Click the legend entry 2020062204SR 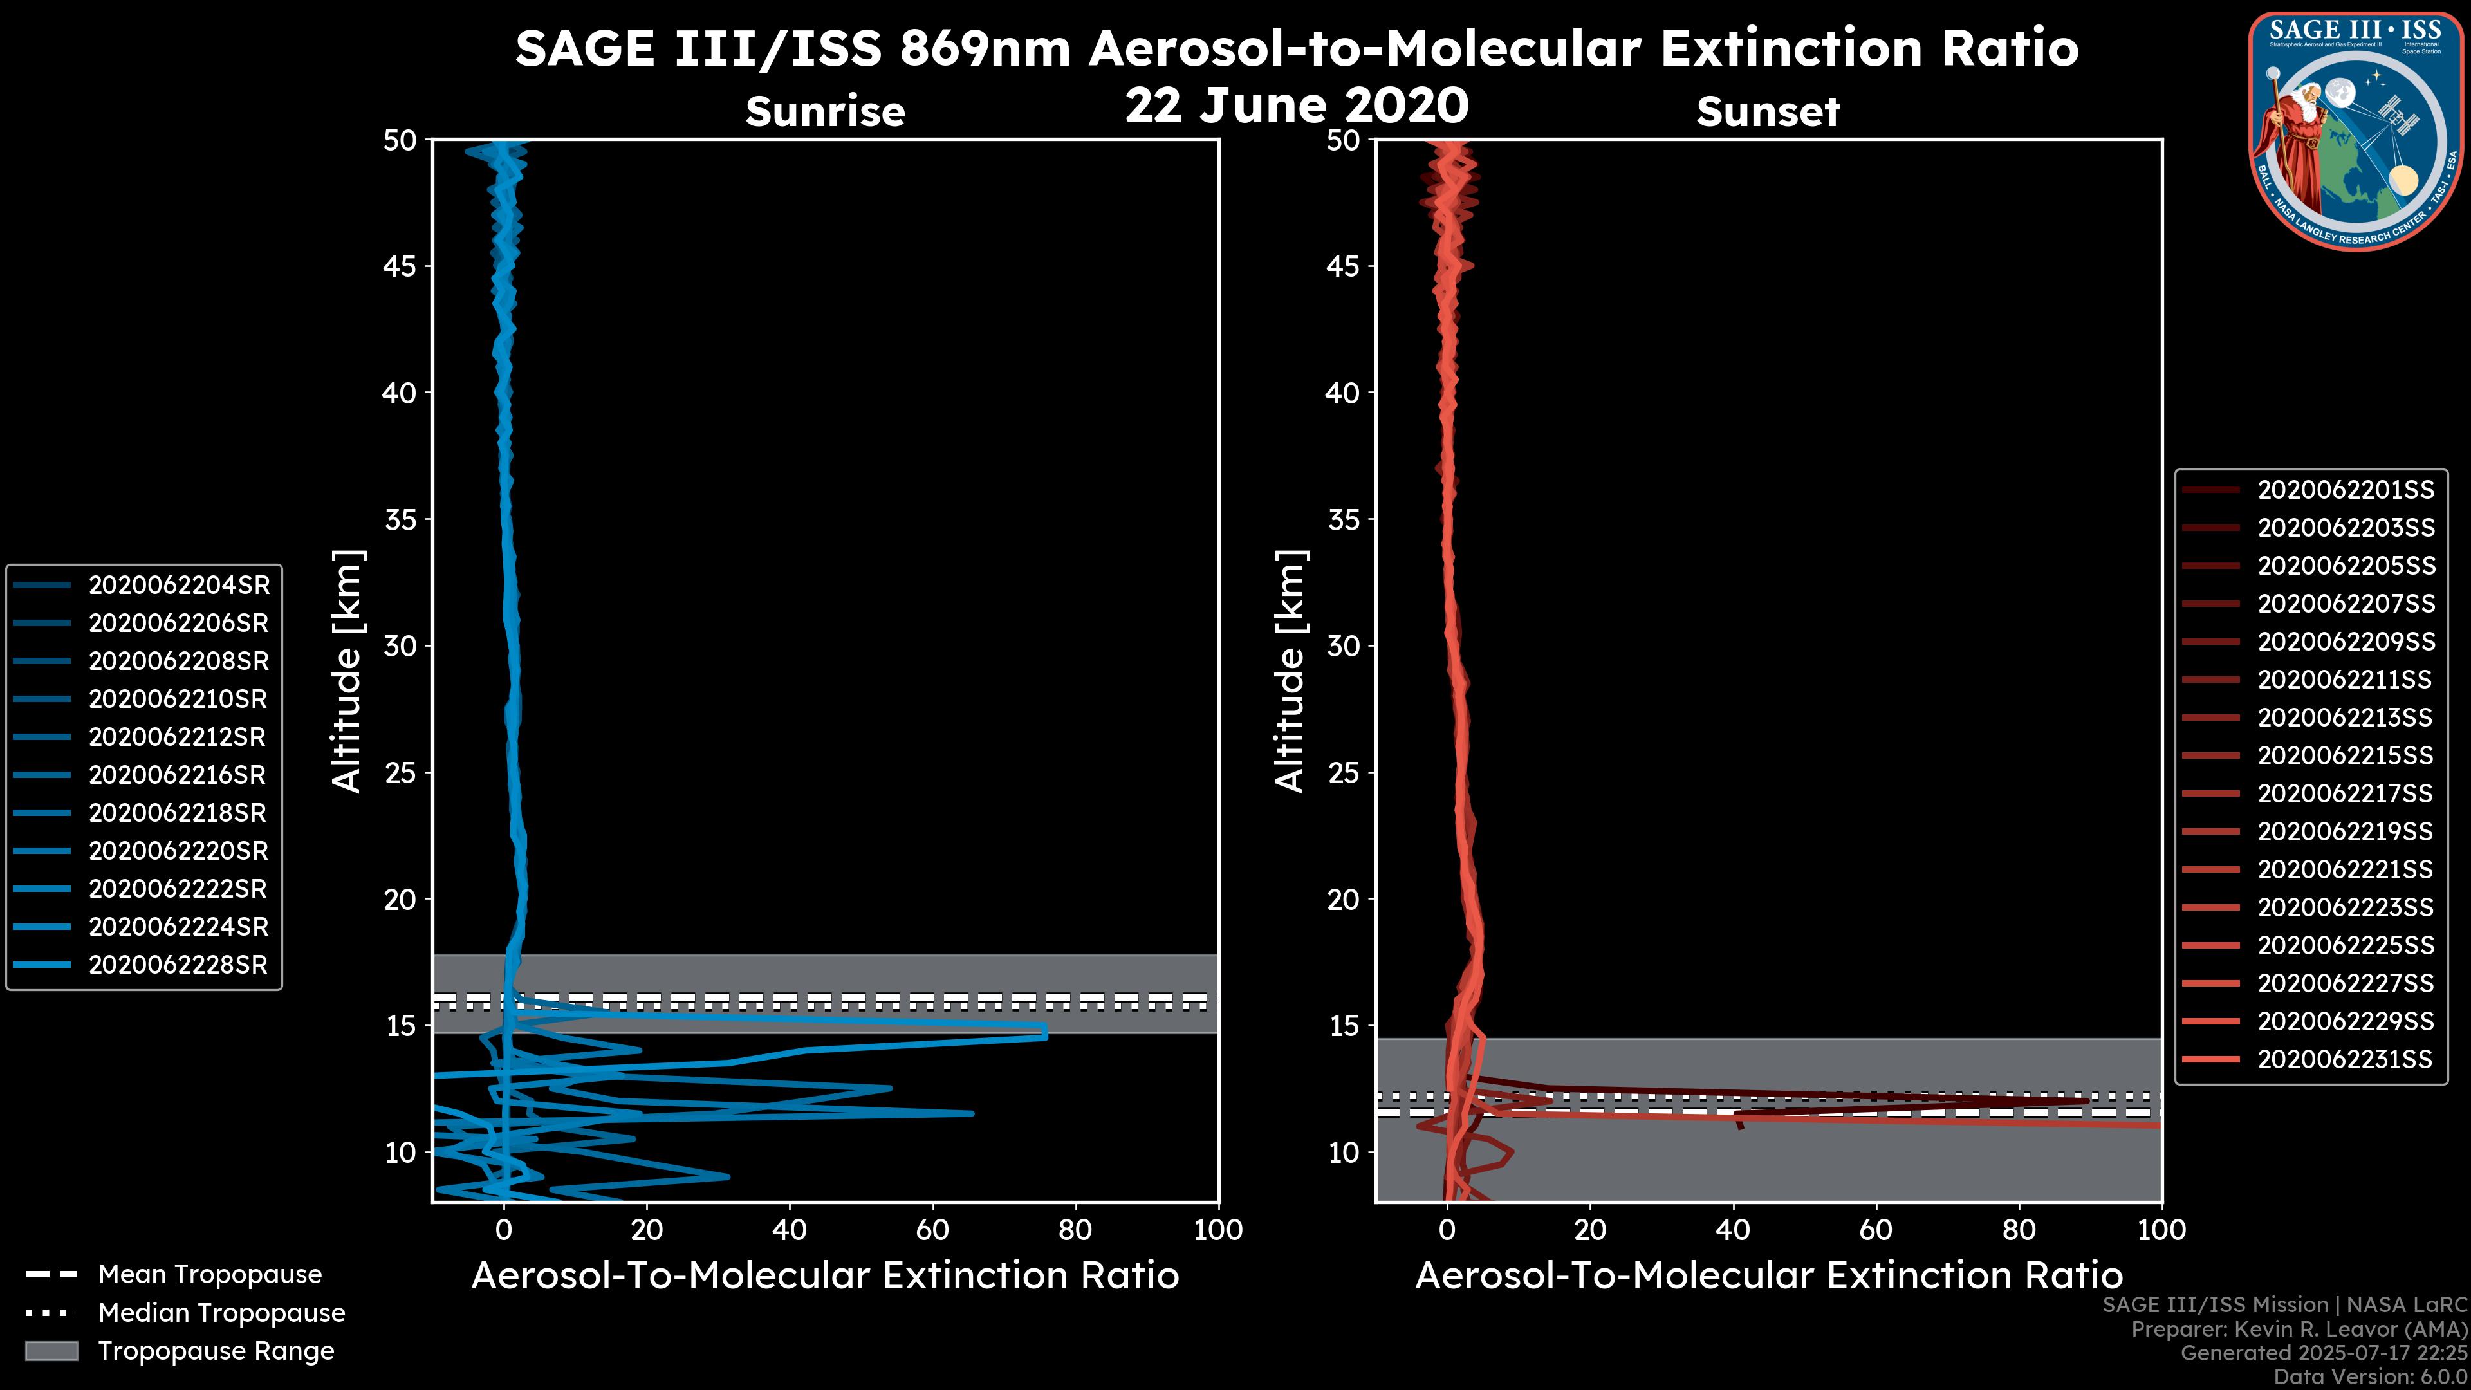tap(178, 585)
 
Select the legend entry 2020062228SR tap(178, 965)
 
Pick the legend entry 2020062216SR tap(178, 775)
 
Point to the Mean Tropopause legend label tap(210, 1275)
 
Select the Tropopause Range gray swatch tap(51, 1351)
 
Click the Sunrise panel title tap(825, 112)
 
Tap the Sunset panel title tap(1768, 112)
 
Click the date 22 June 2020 tap(1296, 106)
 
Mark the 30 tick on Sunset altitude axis tap(1343, 645)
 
